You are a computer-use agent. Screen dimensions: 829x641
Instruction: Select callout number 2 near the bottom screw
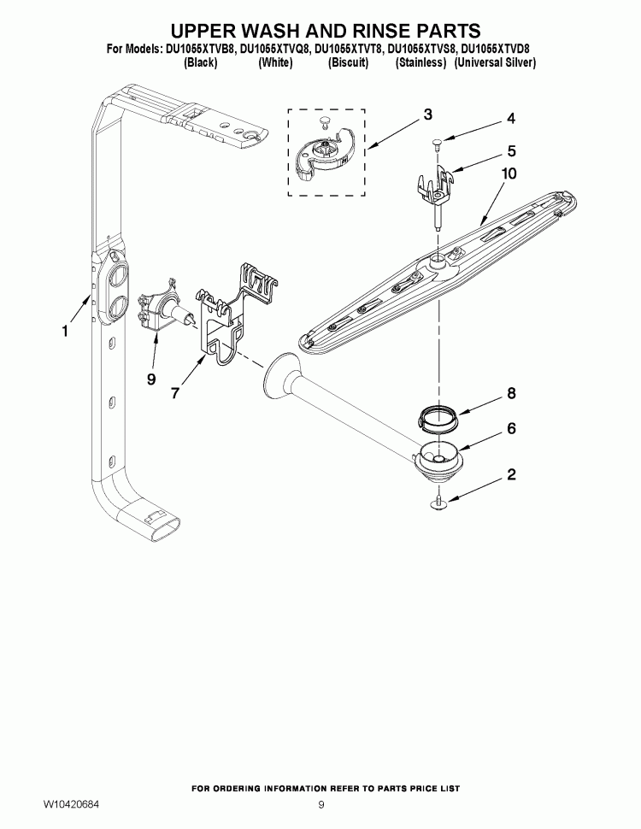click(x=511, y=474)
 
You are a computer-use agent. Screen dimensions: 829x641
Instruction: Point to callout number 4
click(x=511, y=118)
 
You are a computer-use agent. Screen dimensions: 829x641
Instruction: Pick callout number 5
click(x=511, y=151)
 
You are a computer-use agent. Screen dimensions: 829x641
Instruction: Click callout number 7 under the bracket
click(x=175, y=393)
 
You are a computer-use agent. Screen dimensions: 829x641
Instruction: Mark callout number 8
click(x=511, y=394)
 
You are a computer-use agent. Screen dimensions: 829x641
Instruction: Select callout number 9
click(x=150, y=379)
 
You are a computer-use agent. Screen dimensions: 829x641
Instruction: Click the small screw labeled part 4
click(x=437, y=145)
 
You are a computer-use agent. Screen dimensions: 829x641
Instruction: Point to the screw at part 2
click(x=438, y=503)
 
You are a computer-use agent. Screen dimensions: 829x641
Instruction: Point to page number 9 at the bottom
click(x=321, y=805)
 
